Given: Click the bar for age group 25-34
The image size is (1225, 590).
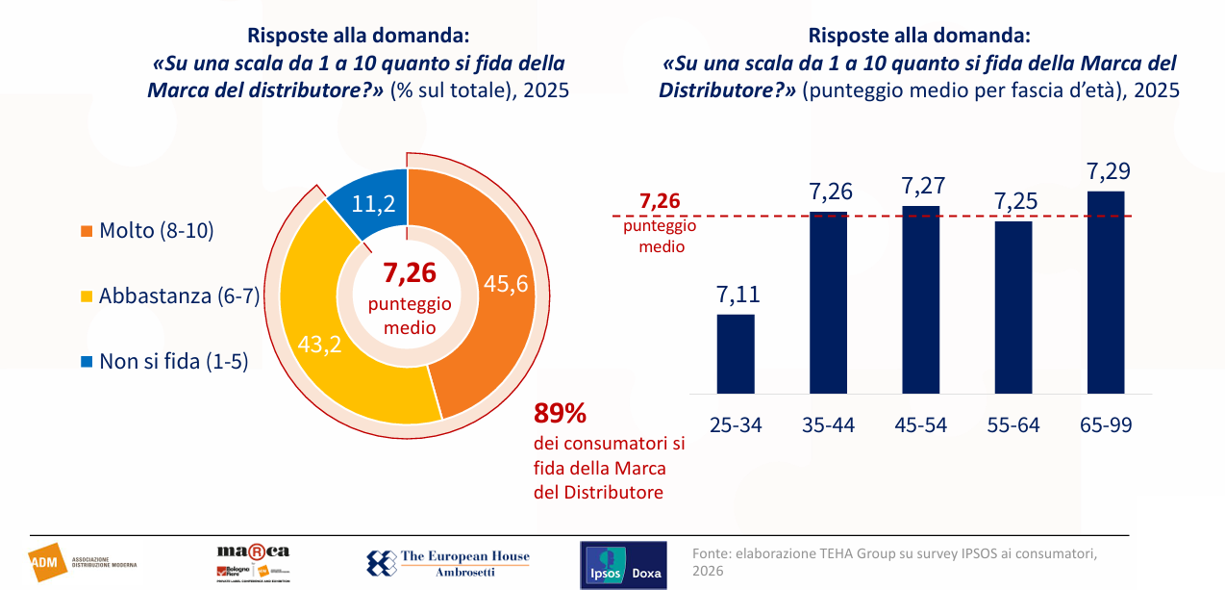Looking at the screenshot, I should pos(736,353).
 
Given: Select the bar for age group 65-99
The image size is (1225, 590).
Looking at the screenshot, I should pos(1105,292).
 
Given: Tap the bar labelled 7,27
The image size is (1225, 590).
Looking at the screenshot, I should pos(920,299).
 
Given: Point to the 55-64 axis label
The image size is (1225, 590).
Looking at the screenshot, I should pos(1012,424).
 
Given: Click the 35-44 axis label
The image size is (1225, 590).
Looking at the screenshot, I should pos(828,424).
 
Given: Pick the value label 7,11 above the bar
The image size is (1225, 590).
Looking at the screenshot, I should pos(736,295).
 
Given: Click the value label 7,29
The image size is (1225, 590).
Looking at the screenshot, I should pos(1108,172).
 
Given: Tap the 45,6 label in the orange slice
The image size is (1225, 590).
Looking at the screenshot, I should pos(505,285).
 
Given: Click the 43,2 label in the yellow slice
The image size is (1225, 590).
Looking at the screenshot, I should pos(320,344).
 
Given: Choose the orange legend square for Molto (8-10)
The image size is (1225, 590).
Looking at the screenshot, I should pos(87,231).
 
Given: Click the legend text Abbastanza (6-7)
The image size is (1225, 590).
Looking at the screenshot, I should pos(179,296).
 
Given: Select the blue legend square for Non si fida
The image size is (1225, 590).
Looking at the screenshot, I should pos(87,362).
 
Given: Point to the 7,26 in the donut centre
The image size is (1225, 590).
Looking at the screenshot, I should pos(410,274).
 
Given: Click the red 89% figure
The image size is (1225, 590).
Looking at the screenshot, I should pos(560,414).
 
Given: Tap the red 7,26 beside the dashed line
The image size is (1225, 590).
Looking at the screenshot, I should pos(659,203).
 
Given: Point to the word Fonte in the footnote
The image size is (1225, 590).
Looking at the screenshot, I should pos(711,553).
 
